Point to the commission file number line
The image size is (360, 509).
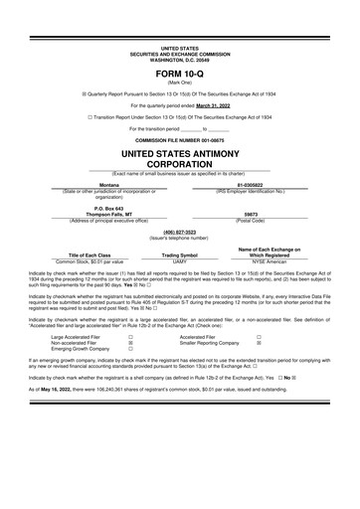(x=180, y=142)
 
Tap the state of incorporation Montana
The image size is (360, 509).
(x=109, y=184)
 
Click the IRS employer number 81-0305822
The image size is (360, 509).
(x=250, y=184)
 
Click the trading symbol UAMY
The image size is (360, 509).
(x=180, y=260)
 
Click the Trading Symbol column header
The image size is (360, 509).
(x=180, y=254)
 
